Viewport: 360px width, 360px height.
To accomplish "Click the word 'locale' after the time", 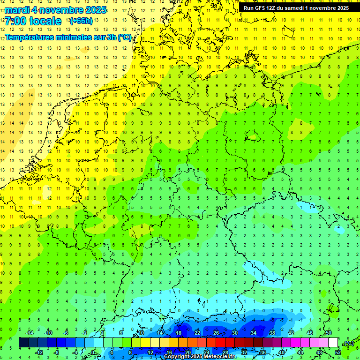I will click(45, 21).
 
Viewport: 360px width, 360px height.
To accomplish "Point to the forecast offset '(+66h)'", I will click(81, 21).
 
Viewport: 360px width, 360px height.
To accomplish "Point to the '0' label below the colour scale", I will click(93, 352).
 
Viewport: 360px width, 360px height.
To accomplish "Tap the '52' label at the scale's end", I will click(338, 352).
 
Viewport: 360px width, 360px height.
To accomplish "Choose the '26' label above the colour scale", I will click(216, 333).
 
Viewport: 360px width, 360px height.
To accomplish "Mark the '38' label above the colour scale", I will click(272, 333).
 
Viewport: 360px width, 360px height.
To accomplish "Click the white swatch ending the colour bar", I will click(333, 343).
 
